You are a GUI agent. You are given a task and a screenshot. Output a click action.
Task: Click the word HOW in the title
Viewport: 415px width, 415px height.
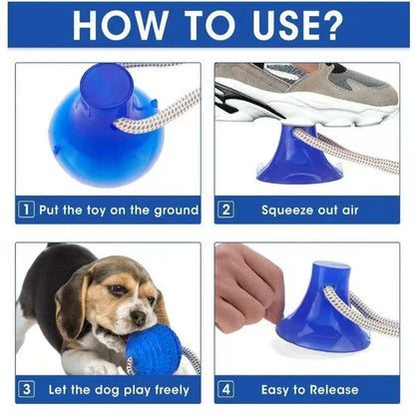tap(120, 25)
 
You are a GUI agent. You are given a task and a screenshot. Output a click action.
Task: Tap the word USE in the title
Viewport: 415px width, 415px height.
tap(283, 25)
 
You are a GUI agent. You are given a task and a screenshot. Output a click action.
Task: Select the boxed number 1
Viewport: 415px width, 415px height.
tap(27, 209)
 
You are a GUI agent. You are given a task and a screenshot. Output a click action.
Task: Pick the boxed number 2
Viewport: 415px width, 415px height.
tap(225, 209)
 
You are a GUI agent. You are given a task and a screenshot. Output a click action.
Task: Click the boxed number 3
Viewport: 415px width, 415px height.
tap(27, 389)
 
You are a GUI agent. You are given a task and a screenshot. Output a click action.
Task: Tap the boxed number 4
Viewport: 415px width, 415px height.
tap(225, 389)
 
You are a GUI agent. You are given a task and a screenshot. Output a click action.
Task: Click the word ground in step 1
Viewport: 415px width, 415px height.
tap(176, 210)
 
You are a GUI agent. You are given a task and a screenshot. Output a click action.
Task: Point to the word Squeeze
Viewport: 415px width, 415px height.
tap(287, 210)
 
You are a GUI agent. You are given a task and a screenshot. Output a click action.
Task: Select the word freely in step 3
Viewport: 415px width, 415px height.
tap(172, 390)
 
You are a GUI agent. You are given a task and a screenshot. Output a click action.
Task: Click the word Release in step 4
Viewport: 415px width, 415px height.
tap(334, 390)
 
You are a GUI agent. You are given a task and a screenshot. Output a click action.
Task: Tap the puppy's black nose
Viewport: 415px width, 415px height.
tap(139, 318)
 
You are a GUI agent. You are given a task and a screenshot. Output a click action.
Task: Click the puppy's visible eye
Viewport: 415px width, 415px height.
tap(118, 289)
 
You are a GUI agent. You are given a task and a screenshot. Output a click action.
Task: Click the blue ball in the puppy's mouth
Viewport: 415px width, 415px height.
tap(154, 349)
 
